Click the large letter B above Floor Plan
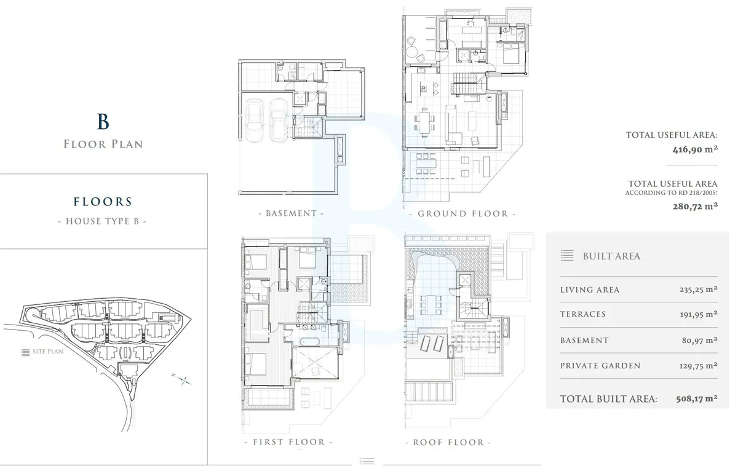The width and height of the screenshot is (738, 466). (103, 121)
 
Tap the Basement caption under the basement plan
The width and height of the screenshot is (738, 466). (292, 213)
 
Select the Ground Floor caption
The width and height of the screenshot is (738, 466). (463, 214)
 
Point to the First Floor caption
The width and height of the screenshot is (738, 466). (289, 442)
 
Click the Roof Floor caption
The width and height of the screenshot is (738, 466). (448, 442)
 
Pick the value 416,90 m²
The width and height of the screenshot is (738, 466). (695, 149)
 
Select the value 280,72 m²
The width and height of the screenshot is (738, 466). (695, 206)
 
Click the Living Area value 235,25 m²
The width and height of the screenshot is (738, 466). (698, 290)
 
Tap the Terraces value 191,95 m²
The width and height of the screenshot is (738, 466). (699, 314)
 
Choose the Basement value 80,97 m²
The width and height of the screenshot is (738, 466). (699, 340)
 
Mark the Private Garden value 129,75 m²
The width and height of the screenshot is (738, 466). (698, 366)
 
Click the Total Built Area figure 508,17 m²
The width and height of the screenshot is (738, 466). (697, 399)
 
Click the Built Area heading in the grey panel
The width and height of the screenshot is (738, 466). (611, 256)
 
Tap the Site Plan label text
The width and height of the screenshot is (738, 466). (48, 352)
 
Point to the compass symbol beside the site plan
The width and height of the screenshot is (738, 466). (182, 379)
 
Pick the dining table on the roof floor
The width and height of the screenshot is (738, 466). (431, 305)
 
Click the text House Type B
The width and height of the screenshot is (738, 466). (102, 221)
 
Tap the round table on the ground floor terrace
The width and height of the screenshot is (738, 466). (411, 52)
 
